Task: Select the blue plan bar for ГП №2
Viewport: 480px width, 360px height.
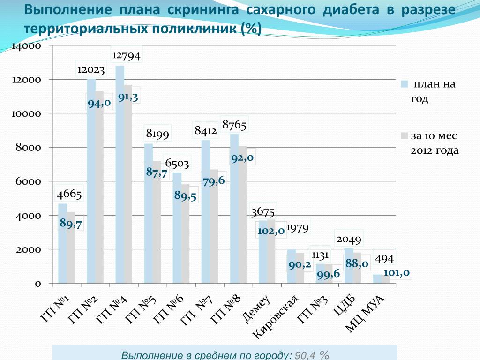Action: (91, 187)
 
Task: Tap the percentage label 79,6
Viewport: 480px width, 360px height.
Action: (214, 180)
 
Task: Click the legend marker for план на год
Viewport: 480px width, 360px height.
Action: (404, 84)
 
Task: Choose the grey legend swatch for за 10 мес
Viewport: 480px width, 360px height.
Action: (404, 135)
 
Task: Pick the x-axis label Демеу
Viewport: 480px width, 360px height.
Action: (256, 309)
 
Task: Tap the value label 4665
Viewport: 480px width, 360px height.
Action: (69, 194)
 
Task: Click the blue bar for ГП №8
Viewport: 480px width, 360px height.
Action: (234, 211)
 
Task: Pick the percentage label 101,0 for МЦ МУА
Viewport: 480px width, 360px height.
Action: (397, 272)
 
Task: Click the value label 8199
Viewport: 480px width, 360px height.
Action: (157, 135)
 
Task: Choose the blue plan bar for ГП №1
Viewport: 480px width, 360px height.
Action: (62, 244)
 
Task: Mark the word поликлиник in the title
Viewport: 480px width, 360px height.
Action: (196, 29)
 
